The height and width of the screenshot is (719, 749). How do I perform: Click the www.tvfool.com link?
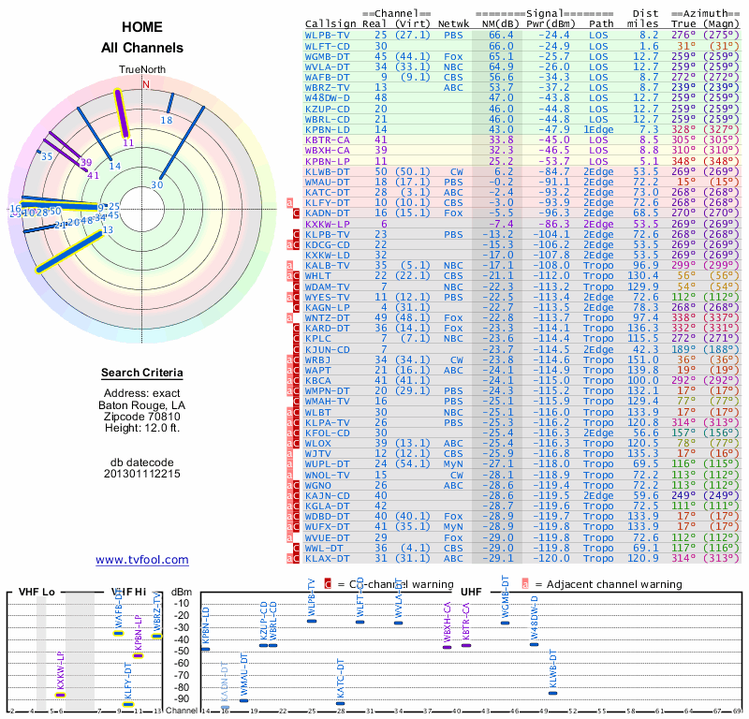click(142, 560)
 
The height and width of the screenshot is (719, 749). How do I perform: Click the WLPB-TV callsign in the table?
click(328, 35)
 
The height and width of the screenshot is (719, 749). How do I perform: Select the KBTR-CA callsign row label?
click(328, 139)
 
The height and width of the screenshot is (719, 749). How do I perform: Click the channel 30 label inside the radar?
click(157, 185)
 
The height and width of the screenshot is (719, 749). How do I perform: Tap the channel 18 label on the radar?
click(167, 121)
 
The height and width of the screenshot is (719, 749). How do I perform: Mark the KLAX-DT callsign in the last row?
click(328, 559)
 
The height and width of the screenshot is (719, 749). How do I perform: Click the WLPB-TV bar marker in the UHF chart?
click(312, 621)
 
